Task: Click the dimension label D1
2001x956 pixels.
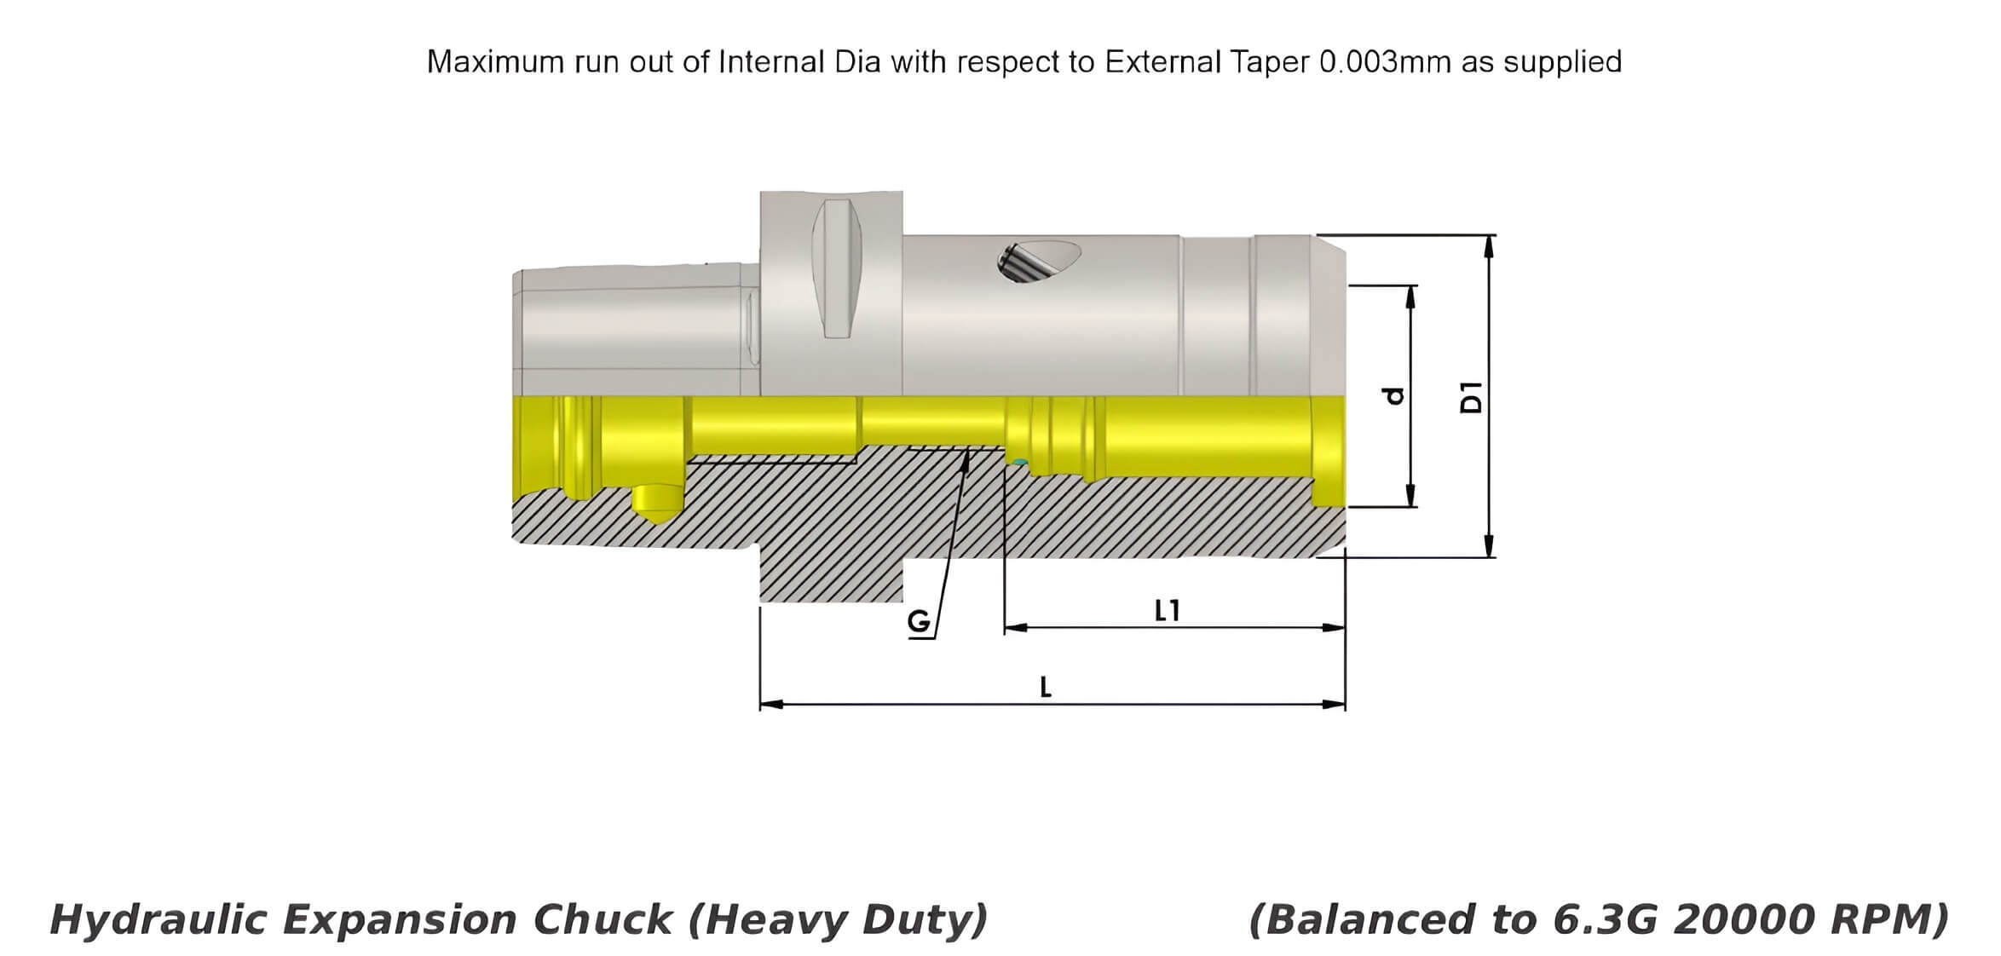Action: coord(1472,397)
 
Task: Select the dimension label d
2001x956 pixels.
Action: coord(1394,396)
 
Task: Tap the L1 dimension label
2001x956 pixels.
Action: coord(1168,610)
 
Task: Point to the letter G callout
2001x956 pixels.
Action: coord(919,622)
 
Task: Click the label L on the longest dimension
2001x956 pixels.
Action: coord(1046,687)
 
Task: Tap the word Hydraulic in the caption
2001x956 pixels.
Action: coord(159,920)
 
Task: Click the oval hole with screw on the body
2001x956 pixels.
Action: coord(1039,261)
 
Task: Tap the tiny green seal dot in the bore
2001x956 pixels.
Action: coord(1018,463)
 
